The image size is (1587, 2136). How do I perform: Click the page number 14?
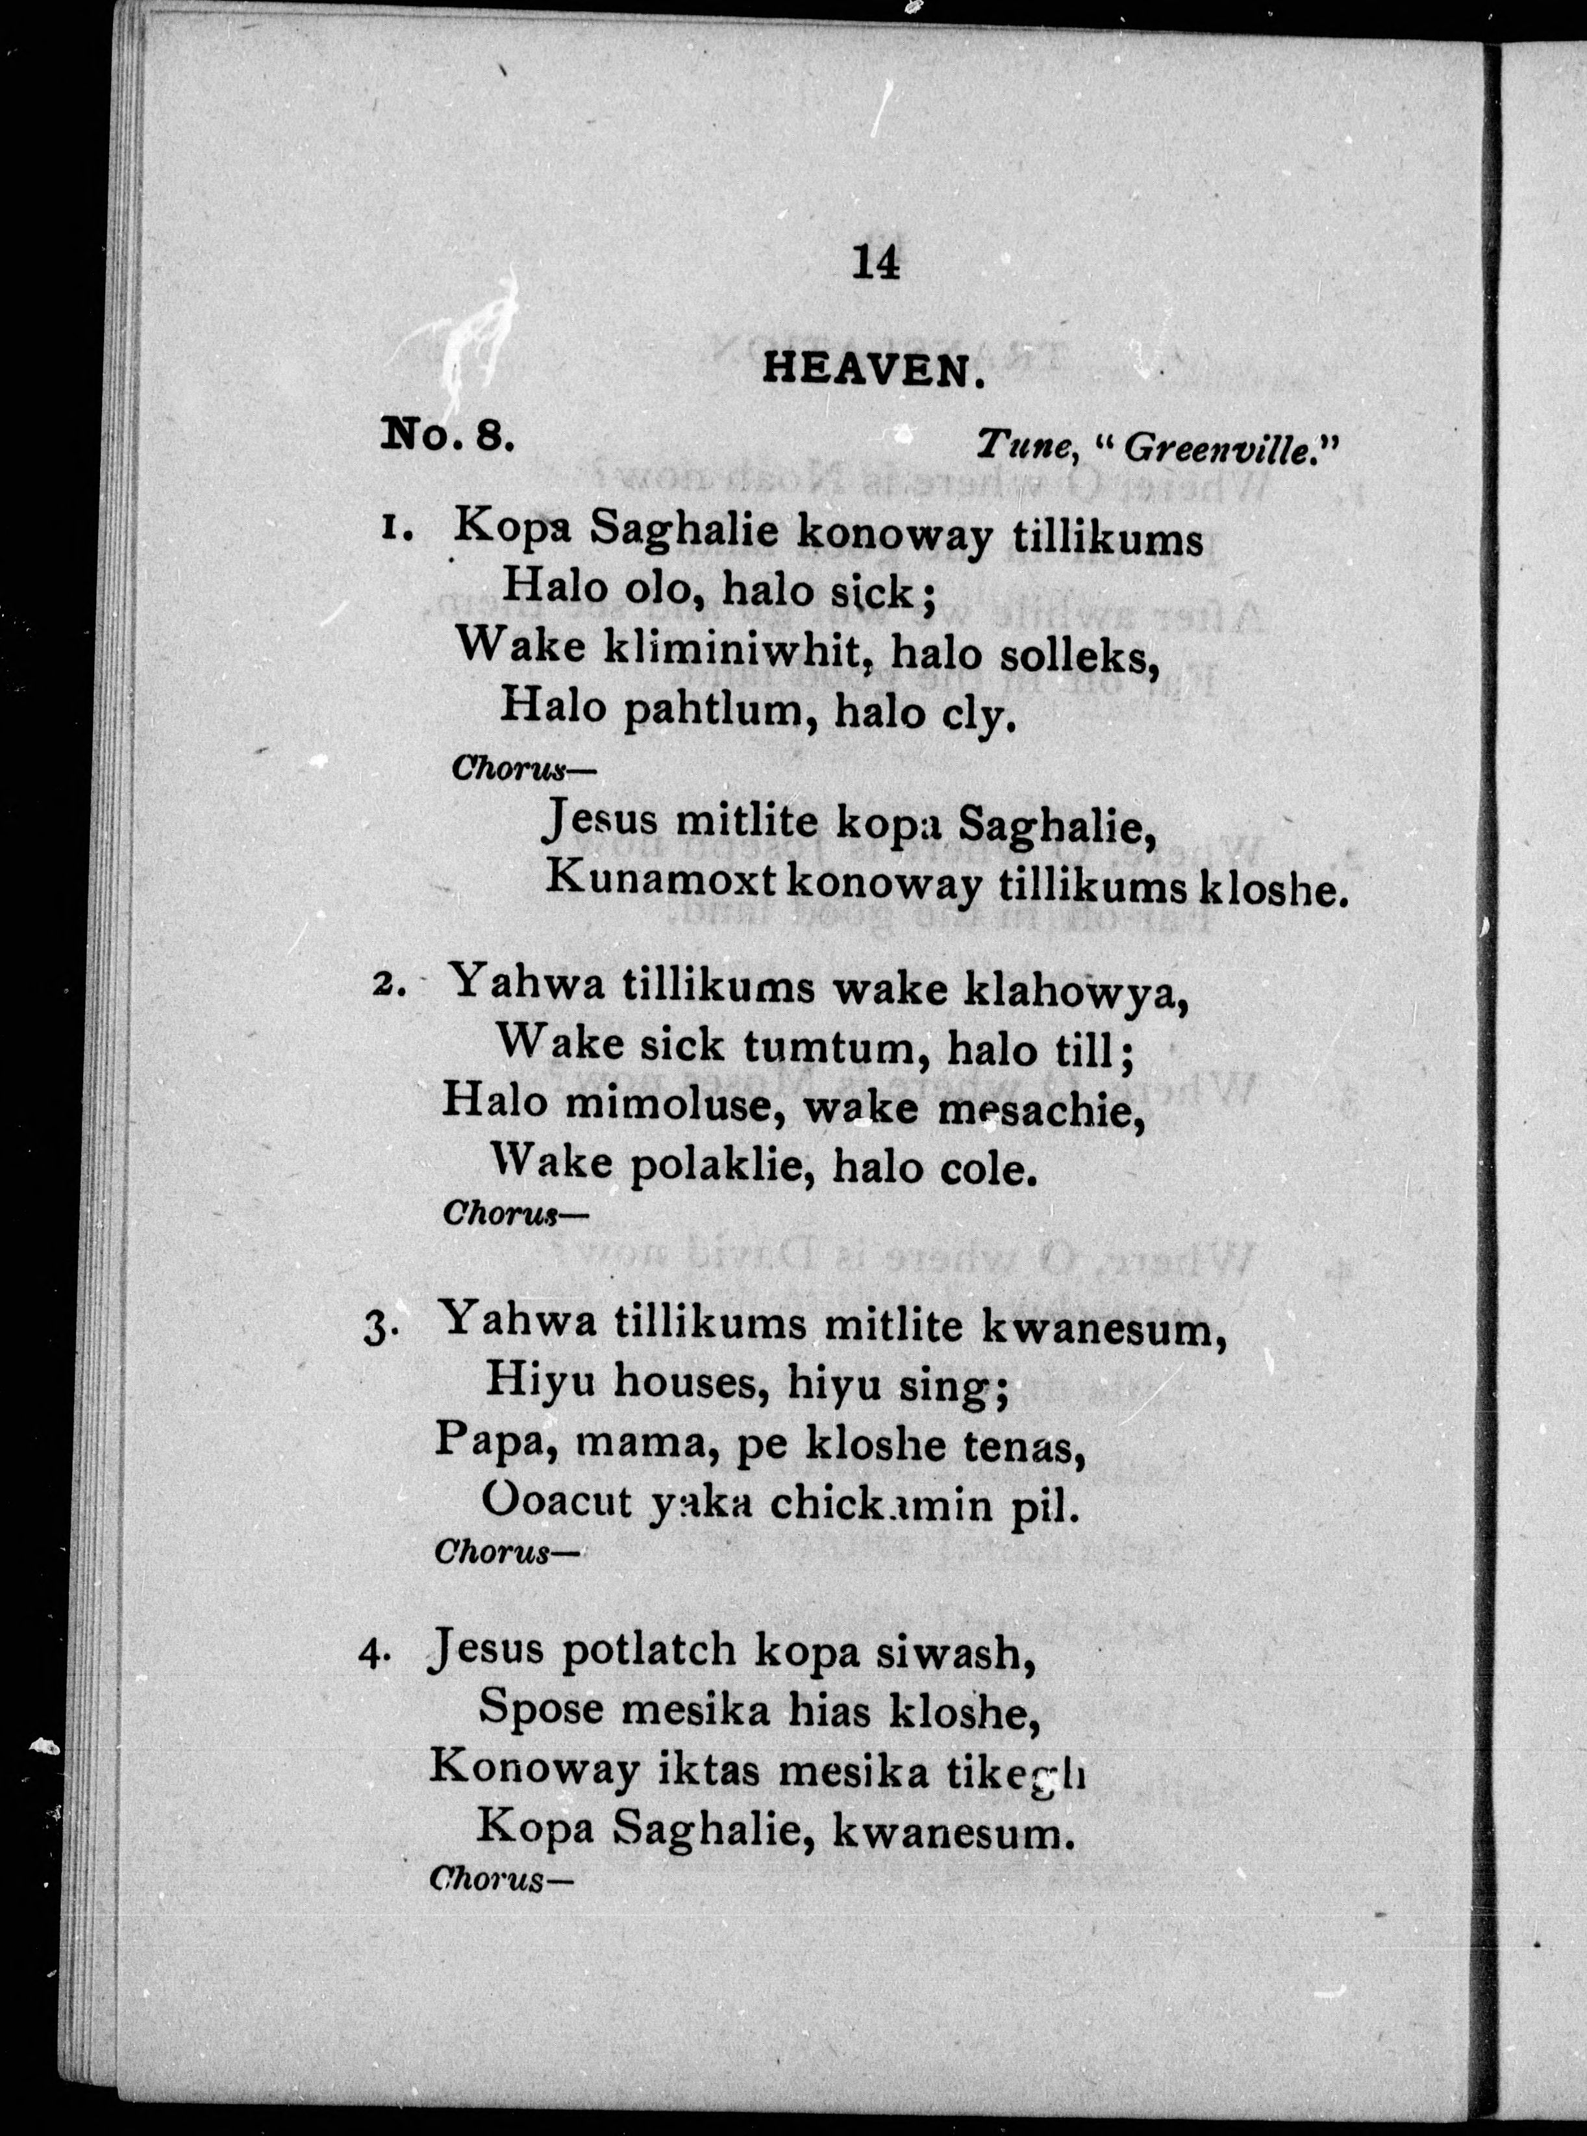coord(876,262)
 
